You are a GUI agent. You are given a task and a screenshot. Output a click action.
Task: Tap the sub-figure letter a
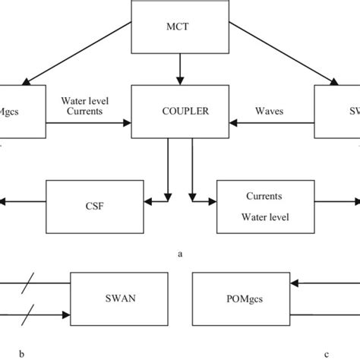pyautogui.click(x=179, y=254)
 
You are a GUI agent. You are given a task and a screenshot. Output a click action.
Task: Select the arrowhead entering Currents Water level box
pyautogui.click(x=212, y=203)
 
